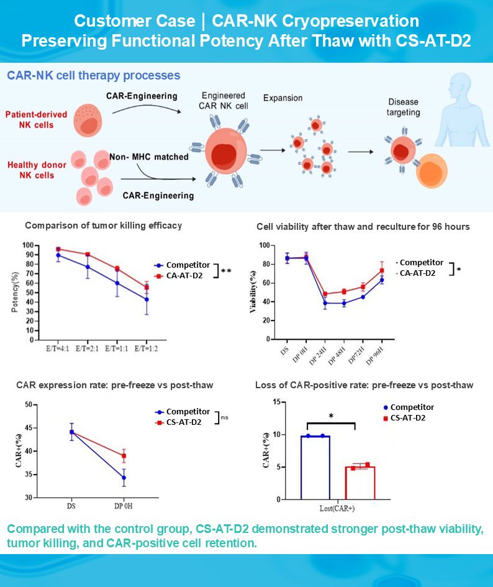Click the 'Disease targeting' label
[x=404, y=107]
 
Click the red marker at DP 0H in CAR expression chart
[x=124, y=456]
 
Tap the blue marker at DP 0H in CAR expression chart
[x=124, y=478]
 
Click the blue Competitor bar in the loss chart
[x=315, y=467]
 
